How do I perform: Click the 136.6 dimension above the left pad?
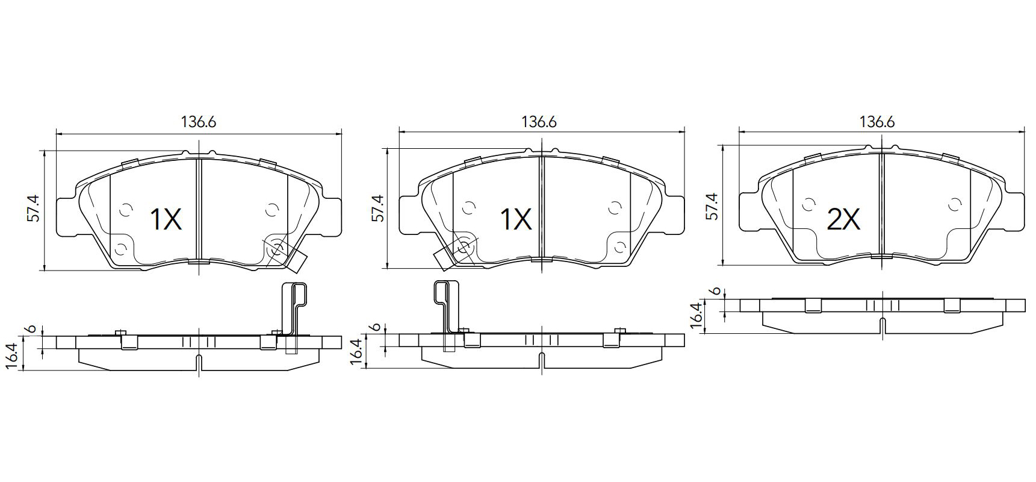199,122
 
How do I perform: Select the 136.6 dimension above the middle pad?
539,122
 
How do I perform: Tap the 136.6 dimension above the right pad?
877,122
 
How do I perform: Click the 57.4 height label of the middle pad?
377,208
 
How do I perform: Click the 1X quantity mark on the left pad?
166,220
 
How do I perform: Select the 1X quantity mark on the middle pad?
516,220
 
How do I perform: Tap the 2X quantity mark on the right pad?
843,221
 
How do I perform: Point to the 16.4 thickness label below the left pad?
17,354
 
